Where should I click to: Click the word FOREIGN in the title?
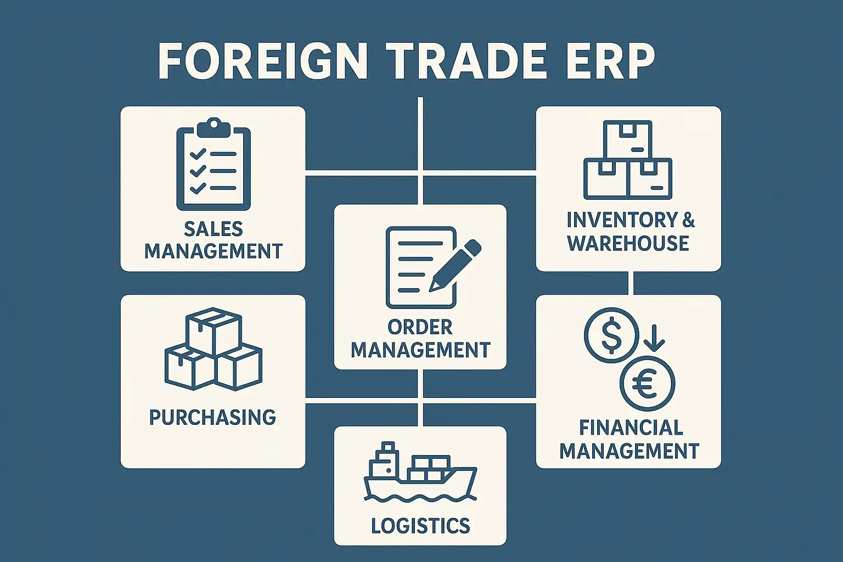tap(262, 61)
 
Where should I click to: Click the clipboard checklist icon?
tap(213, 164)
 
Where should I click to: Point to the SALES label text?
tap(213, 229)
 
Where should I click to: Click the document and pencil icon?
tap(434, 267)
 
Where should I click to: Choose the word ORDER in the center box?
tap(420, 327)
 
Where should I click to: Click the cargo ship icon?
tap(420, 473)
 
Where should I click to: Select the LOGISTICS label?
tap(420, 525)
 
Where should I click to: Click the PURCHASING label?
tap(212, 417)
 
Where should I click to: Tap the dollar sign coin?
tap(611, 335)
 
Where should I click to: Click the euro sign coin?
tap(647, 384)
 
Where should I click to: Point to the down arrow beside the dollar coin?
tap(654, 338)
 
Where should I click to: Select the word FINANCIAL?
tap(631, 428)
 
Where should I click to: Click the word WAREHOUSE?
tap(628, 243)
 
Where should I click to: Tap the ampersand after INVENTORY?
tap(688, 220)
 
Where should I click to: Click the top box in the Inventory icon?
tap(628, 139)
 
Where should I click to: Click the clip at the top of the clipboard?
tap(213, 127)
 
